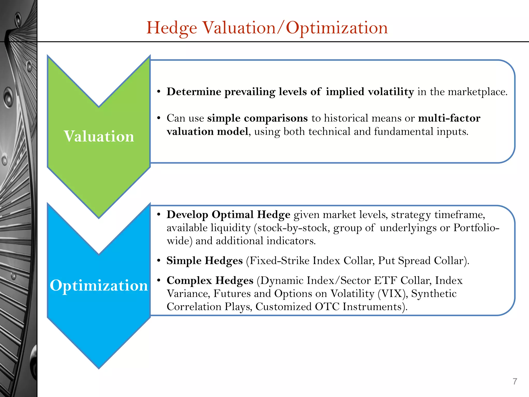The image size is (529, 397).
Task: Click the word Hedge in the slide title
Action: click(x=172, y=28)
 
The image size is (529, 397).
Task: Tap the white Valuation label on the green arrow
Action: click(x=99, y=136)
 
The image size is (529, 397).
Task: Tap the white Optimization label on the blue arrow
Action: click(x=99, y=286)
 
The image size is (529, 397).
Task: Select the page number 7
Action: click(x=515, y=381)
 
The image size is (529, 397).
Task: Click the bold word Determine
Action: click(x=194, y=92)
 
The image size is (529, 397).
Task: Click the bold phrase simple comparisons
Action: click(x=257, y=118)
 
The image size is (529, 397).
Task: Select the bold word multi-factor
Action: click(x=449, y=118)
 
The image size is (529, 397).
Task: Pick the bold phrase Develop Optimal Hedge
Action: click(x=228, y=215)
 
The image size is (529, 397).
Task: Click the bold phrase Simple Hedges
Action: click(x=205, y=261)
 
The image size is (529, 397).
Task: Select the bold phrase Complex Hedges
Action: click(x=210, y=280)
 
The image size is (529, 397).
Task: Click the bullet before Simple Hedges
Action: click(x=159, y=261)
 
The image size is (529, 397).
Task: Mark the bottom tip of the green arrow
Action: click(x=99, y=218)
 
